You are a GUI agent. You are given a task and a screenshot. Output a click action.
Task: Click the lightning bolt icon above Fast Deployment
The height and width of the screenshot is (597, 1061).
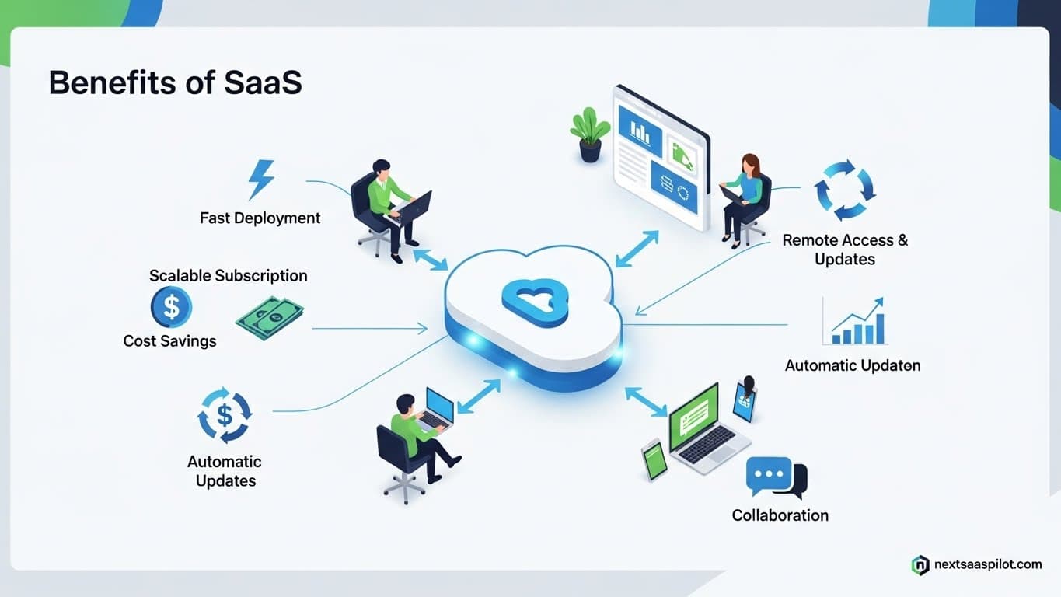click(x=260, y=180)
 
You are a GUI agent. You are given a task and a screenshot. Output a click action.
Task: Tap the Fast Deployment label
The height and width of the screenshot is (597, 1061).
click(x=260, y=218)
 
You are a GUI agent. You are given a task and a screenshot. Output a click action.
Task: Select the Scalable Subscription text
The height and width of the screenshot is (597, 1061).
click(x=228, y=276)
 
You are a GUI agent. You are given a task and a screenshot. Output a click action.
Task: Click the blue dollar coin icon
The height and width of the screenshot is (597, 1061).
click(x=171, y=307)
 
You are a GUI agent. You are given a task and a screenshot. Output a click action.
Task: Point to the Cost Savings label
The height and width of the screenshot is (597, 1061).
click(x=169, y=341)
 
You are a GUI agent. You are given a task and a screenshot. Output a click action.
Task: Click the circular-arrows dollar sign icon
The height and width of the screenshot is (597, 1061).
click(x=225, y=415)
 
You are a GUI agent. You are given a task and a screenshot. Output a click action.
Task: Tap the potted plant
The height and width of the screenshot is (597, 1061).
click(x=590, y=134)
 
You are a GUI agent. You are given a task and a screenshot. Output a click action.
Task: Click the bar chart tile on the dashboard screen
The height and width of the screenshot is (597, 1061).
click(x=640, y=131)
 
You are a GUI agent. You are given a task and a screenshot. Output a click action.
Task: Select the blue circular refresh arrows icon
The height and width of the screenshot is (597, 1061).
click(x=844, y=190)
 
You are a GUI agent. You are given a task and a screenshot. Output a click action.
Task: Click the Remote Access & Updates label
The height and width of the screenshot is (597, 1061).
click(x=845, y=250)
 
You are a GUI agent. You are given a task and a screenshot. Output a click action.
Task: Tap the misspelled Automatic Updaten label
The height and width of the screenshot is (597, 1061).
click(x=853, y=365)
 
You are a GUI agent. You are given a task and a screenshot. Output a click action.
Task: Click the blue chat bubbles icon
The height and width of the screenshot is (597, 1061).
click(x=775, y=477)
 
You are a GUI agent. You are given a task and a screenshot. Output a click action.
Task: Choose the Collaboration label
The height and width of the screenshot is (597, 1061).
click(x=780, y=515)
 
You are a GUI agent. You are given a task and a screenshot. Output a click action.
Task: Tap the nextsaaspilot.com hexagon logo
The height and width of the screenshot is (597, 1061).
click(x=920, y=565)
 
